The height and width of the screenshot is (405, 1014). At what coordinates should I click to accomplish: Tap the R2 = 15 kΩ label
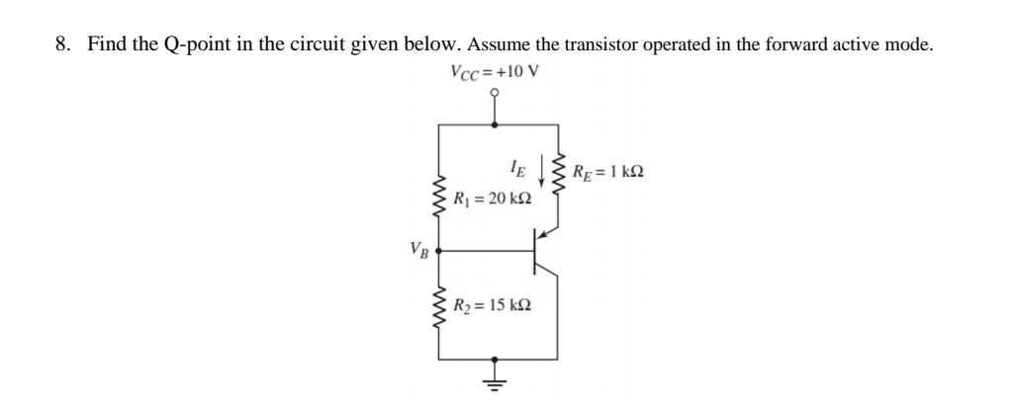click(x=492, y=303)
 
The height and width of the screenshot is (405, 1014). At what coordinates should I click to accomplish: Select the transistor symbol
click(x=541, y=251)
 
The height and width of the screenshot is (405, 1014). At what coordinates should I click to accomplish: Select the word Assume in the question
click(x=500, y=44)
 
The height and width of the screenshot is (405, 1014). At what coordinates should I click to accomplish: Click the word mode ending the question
click(x=907, y=44)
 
